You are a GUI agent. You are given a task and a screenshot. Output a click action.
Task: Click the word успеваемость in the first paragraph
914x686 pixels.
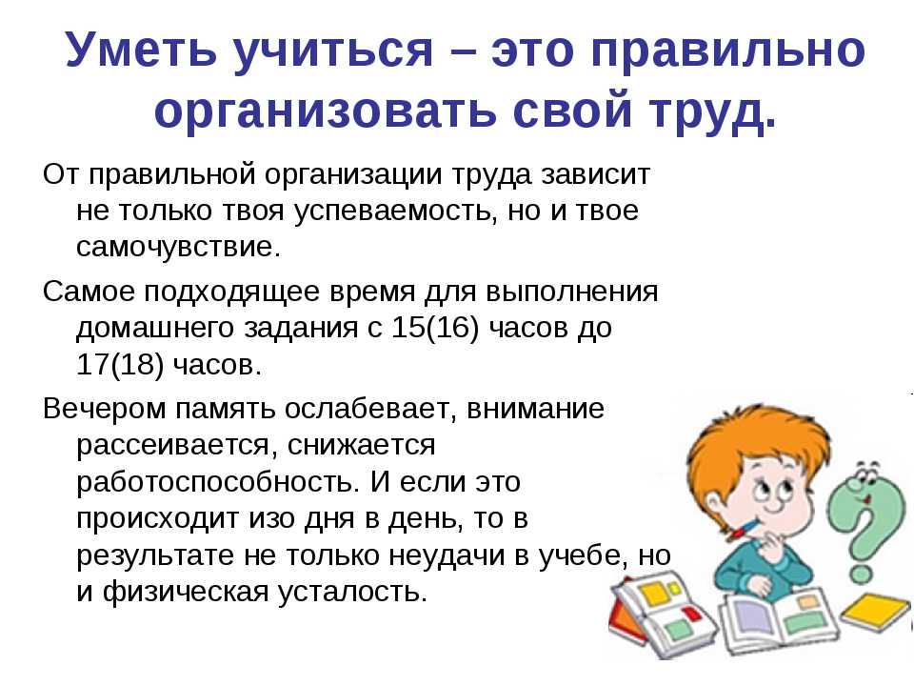392,211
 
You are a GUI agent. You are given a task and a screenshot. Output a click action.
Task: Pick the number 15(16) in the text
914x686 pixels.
435,327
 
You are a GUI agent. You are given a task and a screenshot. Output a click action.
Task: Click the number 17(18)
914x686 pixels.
120,364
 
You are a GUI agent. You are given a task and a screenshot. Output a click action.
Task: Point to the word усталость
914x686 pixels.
352,592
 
